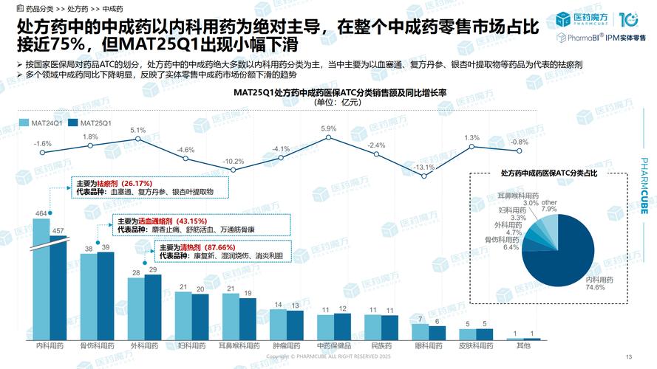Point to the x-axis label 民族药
[382, 345]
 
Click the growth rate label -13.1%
[423, 167]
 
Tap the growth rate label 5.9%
[328, 128]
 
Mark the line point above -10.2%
[233, 170]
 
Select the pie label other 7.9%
[548, 205]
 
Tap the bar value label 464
[41, 214]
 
